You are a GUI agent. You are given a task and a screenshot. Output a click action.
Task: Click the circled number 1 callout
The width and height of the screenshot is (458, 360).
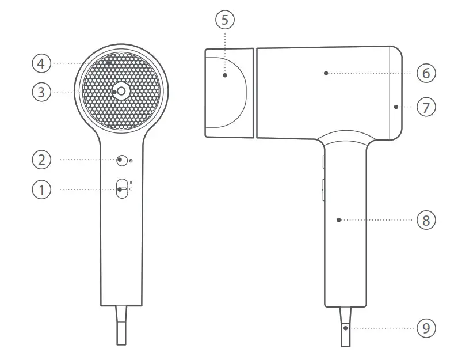point(41,189)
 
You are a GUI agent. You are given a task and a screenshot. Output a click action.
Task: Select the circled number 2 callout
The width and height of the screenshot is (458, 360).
point(41,160)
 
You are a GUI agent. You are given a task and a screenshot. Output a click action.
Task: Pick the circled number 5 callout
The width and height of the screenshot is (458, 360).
point(225,20)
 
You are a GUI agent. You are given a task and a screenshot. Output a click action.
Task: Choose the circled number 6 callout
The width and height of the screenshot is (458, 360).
point(426,73)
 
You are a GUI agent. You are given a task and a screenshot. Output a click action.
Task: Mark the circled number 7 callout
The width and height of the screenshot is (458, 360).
point(426,107)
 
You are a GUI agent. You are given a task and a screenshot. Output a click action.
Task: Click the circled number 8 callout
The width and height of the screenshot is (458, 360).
point(426,219)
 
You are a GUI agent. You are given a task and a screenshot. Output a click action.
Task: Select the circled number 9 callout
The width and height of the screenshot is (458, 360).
point(426,328)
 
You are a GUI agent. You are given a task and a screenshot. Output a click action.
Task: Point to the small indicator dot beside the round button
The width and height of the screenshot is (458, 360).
point(131,161)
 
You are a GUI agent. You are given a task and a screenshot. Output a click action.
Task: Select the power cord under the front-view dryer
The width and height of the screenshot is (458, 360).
point(121,325)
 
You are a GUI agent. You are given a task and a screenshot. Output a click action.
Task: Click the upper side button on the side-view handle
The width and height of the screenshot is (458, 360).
point(323,161)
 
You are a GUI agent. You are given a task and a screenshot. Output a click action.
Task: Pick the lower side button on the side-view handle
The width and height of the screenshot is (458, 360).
point(323,189)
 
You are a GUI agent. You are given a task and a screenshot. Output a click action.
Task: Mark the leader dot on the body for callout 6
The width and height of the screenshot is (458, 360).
point(326,73)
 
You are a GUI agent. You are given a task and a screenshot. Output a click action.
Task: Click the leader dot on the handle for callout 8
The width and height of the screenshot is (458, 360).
point(339,219)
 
